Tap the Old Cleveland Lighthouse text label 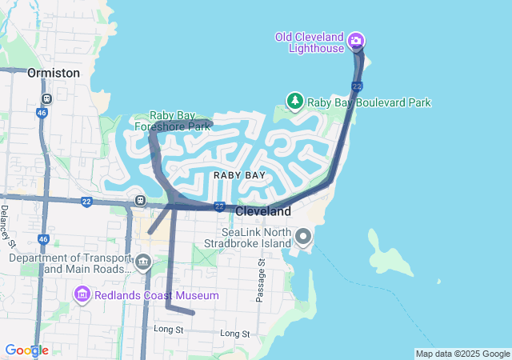click(x=309, y=42)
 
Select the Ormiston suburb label click(x=54, y=73)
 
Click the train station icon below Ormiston click(x=47, y=99)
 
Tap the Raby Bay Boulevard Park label click(x=370, y=102)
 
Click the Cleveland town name click(x=263, y=212)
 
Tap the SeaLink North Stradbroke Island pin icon click(x=303, y=236)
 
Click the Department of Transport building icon click(x=143, y=262)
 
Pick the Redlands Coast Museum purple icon click(x=82, y=296)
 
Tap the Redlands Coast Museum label click(x=156, y=296)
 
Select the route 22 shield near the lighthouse click(x=357, y=86)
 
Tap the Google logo click(x=26, y=350)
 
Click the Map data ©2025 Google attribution click(x=462, y=354)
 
